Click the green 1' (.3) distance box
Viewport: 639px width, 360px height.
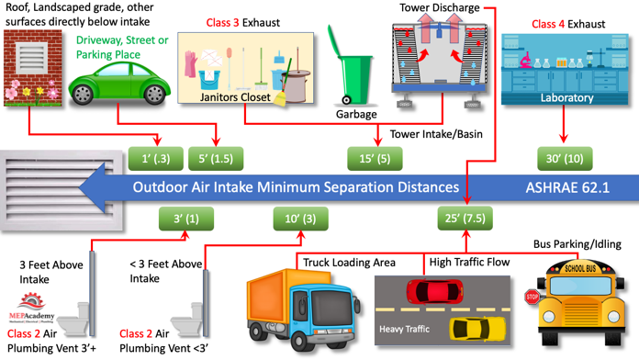click(156, 158)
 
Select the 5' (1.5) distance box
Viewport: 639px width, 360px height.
click(216, 158)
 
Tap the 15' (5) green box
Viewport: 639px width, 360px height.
click(375, 158)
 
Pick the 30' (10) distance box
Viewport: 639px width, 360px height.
click(565, 158)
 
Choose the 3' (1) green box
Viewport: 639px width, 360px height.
click(186, 219)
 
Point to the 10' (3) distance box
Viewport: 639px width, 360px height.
click(300, 219)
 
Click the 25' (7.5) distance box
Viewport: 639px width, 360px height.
click(465, 219)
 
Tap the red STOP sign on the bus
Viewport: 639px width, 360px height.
click(532, 297)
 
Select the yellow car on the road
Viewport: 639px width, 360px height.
click(476, 329)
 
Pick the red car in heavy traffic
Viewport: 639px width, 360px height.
click(434, 291)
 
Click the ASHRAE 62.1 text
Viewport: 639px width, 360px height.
click(567, 187)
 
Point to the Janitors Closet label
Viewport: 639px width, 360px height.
click(235, 97)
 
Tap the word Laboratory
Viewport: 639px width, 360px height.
click(566, 98)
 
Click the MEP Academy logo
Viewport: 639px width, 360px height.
click(31, 308)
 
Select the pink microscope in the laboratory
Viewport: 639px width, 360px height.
click(525, 60)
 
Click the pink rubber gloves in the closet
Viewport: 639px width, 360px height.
click(190, 64)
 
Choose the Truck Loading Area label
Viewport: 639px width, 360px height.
click(349, 262)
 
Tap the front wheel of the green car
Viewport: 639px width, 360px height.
click(83, 95)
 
